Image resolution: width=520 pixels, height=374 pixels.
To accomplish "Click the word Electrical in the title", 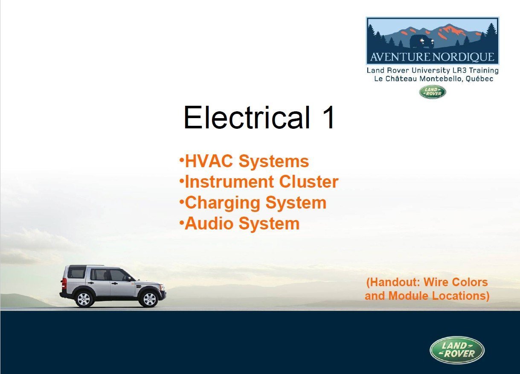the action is (x=247, y=117).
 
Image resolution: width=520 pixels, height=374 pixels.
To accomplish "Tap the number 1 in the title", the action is (x=328, y=117).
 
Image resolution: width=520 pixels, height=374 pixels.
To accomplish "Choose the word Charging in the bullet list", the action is (x=223, y=203).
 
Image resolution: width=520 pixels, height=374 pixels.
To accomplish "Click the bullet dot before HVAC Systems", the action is (x=182, y=159).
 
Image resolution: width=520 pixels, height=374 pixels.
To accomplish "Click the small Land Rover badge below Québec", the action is (x=433, y=92).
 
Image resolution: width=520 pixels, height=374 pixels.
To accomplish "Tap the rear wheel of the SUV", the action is (x=84, y=299).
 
